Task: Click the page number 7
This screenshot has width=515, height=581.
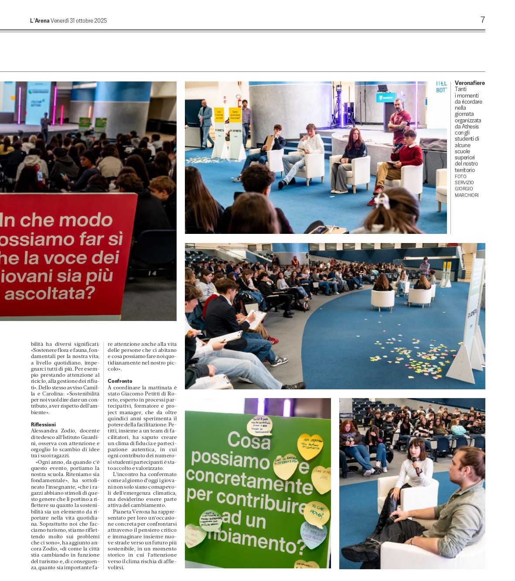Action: point(482,20)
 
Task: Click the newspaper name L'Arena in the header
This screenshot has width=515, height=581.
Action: point(40,20)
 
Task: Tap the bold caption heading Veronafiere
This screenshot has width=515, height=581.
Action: point(469,83)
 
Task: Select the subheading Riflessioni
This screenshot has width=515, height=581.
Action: point(43,424)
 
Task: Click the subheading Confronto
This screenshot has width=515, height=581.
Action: point(120,381)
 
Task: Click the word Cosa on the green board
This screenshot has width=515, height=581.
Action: point(249,440)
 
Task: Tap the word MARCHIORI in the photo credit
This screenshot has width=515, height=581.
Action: point(466,195)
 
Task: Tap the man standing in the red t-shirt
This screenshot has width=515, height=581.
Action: point(399,122)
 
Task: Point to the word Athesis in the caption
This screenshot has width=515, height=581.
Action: point(470,127)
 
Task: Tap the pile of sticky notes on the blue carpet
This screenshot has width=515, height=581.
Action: point(410,355)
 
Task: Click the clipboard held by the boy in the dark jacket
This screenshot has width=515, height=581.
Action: point(256,319)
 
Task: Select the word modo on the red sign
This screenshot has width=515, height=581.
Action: point(89,220)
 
